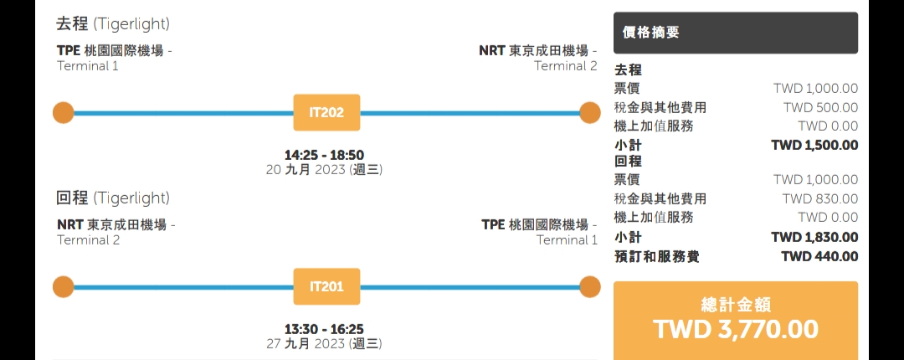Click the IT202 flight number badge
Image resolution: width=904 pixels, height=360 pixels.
pos(326,113)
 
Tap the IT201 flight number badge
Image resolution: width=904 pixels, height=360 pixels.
pos(326,287)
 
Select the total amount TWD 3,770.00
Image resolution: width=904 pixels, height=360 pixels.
pos(736,329)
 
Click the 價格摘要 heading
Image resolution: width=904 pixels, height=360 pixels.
pos(651,33)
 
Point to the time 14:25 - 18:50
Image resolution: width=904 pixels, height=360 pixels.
pos(324,155)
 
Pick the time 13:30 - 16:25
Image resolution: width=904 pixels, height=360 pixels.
pos(324,329)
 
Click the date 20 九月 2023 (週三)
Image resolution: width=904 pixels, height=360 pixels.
pos(324,170)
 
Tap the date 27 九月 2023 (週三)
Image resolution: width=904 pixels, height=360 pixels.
pos(324,344)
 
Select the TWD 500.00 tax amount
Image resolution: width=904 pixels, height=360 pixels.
pos(820,107)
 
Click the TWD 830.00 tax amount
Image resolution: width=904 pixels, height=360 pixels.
pos(820,198)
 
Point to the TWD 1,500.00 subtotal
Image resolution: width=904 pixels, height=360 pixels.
pos(814,145)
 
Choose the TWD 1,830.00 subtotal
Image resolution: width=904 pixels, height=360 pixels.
pos(814,237)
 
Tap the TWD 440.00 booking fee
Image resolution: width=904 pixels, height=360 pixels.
pos(819,256)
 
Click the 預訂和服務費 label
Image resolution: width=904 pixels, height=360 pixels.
pos(656,256)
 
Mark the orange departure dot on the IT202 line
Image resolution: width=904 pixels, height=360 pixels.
pos(63,113)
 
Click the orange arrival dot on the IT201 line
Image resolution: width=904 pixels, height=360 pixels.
pos(590,287)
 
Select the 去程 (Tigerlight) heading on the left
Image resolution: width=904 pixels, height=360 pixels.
pos(113,24)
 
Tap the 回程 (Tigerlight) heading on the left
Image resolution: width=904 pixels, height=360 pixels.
pos(113,198)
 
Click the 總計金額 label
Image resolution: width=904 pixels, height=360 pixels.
pos(736,304)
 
